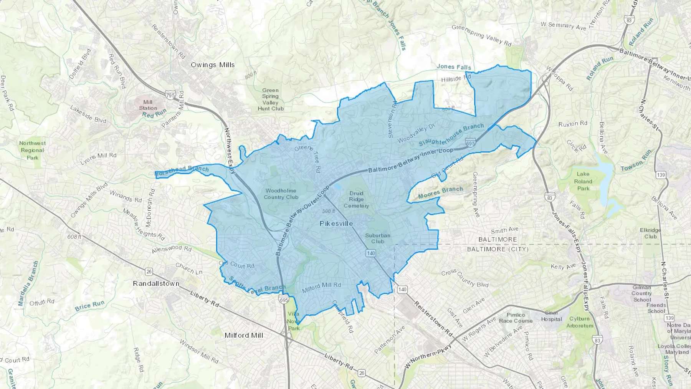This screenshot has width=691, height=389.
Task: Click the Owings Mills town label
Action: [x=213, y=65]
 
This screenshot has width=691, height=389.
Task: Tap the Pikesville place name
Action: [x=336, y=223]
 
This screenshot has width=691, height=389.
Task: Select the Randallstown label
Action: [x=156, y=283]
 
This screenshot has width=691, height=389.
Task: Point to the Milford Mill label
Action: [x=244, y=335]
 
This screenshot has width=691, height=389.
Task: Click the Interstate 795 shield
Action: [x=170, y=94]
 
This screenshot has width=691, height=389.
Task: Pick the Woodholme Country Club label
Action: [x=281, y=194]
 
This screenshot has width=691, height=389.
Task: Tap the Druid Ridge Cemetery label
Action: [x=356, y=199]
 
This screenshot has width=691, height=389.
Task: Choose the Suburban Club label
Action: [x=378, y=238]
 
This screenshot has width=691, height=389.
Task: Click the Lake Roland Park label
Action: [x=583, y=181]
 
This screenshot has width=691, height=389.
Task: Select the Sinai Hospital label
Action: [x=552, y=316]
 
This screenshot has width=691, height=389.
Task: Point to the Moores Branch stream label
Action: [x=440, y=192]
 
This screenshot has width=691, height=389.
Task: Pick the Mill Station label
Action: [x=148, y=105]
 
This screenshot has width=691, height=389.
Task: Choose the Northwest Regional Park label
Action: [x=33, y=150]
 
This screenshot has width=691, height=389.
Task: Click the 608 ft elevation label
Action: [x=74, y=237]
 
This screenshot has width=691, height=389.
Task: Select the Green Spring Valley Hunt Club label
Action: [x=271, y=99]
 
